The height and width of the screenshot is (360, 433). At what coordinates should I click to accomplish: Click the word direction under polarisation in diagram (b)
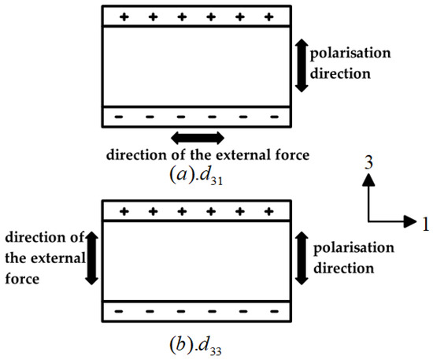(346, 269)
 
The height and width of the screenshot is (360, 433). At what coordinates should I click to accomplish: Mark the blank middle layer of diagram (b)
(197, 260)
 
